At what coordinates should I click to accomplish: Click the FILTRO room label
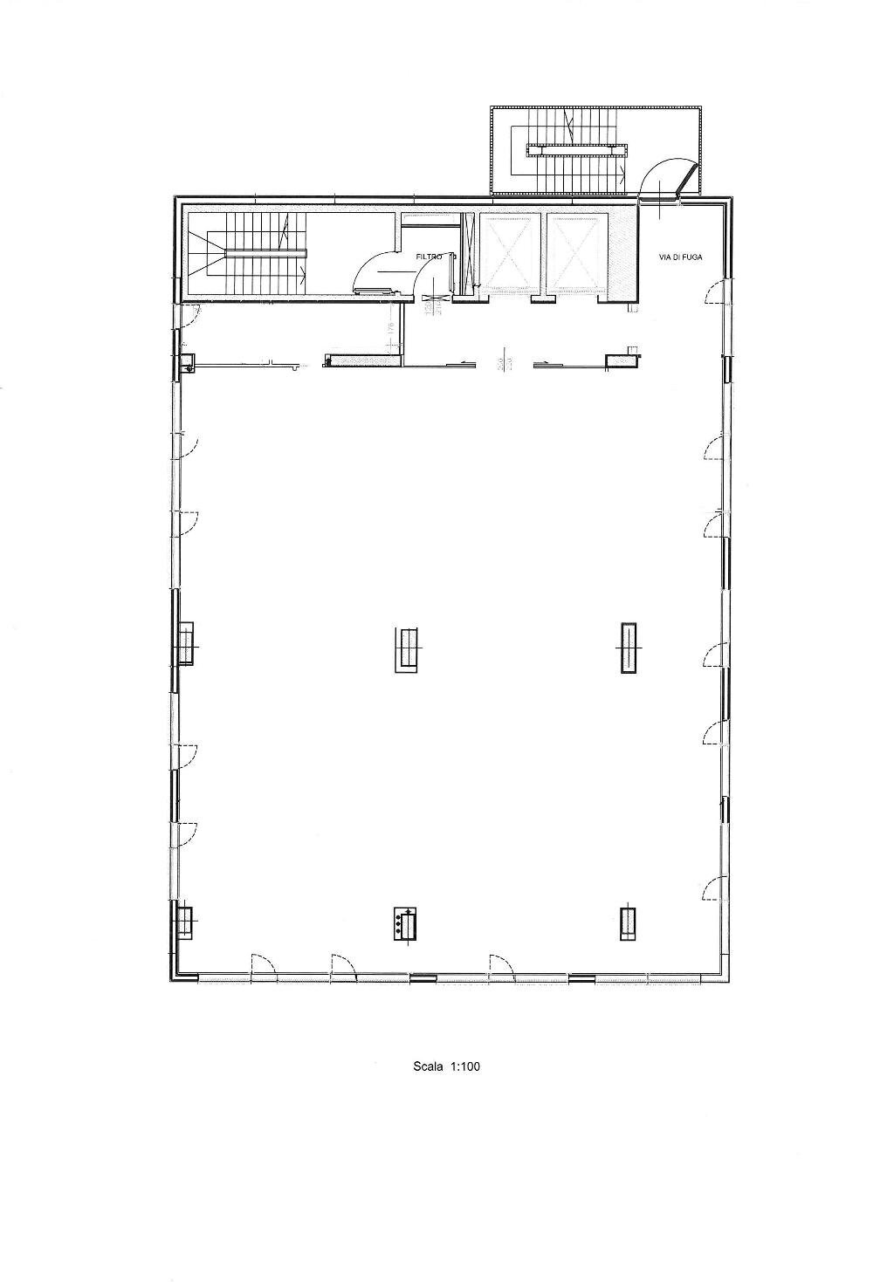[430, 256]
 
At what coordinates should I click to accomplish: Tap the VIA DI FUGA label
[680, 257]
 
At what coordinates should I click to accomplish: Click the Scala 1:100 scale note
[447, 1066]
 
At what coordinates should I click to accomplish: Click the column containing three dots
[404, 924]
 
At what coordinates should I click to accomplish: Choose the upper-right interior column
[628, 648]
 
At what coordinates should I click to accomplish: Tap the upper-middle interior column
[408, 649]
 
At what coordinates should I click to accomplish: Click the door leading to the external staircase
[665, 179]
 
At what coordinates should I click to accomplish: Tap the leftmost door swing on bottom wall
[263, 966]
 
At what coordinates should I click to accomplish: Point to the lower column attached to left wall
[184, 922]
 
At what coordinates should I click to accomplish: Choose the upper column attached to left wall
[185, 645]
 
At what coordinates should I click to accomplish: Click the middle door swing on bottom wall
[342, 966]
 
